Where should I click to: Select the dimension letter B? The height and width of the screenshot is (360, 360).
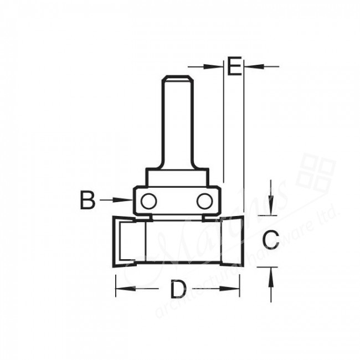click(x=88, y=200)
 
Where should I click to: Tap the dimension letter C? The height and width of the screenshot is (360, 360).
click(x=270, y=240)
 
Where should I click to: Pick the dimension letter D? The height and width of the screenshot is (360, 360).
click(x=177, y=289)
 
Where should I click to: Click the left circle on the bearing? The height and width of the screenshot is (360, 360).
click(x=147, y=200)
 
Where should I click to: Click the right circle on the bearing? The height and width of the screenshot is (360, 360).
click(x=204, y=200)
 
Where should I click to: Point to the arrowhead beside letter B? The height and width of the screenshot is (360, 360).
click(x=125, y=200)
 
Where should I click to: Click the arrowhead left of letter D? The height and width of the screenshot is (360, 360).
click(x=122, y=289)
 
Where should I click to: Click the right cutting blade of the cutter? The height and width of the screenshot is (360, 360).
click(x=232, y=241)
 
